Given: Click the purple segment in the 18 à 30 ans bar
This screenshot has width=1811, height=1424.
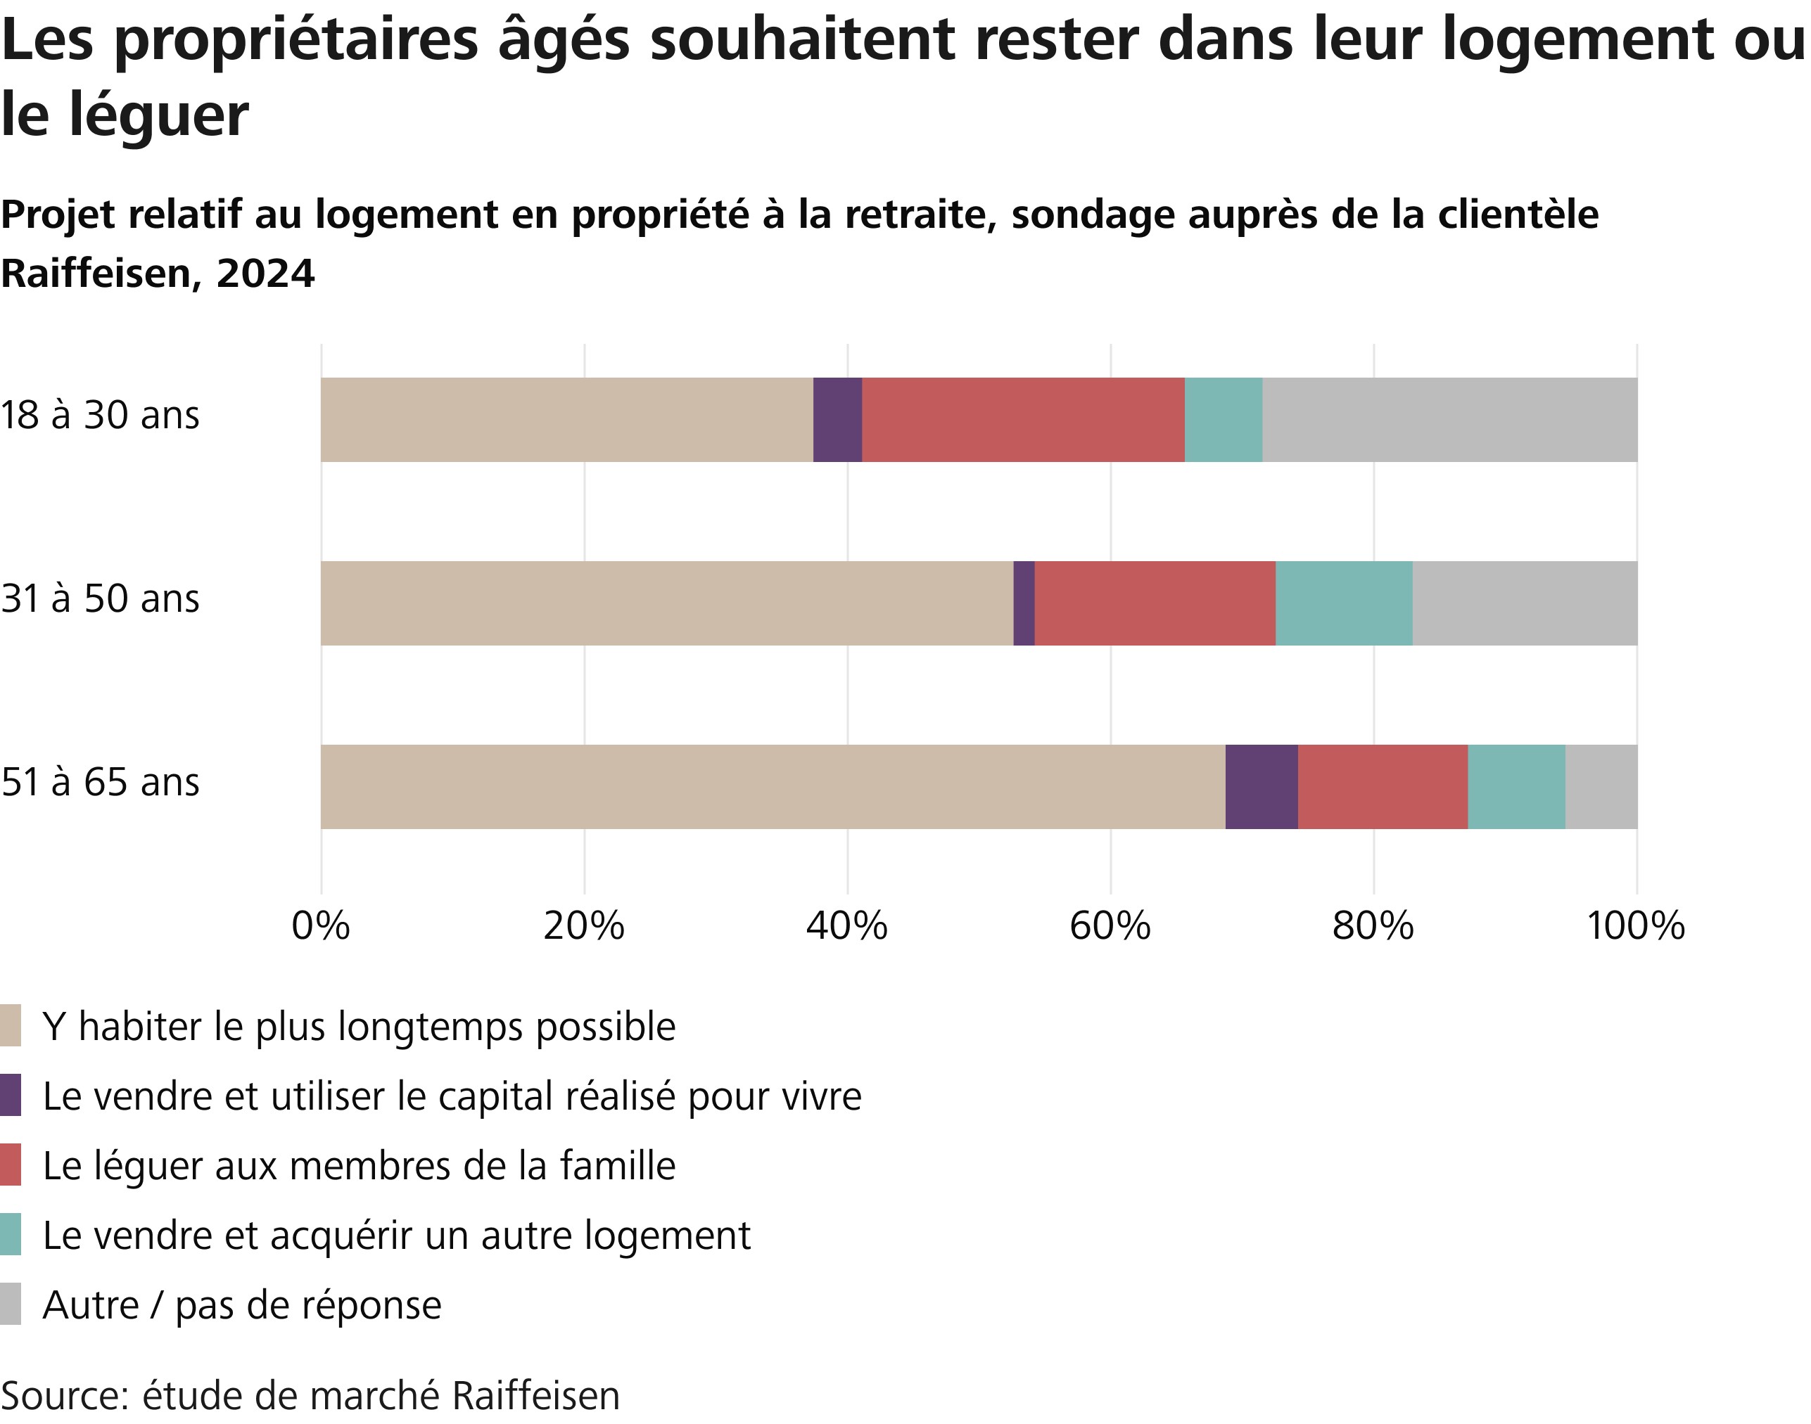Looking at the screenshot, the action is [837, 419].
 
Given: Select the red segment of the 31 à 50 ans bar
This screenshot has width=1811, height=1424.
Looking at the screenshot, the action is [1155, 603].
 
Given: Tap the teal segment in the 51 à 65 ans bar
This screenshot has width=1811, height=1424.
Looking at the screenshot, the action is [1516, 786].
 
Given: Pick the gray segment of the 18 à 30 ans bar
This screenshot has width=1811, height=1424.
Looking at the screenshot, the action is [1450, 419].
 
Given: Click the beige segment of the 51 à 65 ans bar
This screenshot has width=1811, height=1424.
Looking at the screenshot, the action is [773, 786].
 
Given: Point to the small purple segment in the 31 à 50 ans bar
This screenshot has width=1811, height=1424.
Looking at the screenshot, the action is [1024, 603].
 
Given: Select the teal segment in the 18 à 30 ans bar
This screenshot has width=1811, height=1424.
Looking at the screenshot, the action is [1224, 419].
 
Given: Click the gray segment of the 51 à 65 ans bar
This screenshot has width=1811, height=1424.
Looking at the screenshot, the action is [1601, 786].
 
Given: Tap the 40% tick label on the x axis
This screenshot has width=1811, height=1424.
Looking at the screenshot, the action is [846, 926].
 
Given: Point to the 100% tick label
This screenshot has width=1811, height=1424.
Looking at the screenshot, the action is [1635, 926].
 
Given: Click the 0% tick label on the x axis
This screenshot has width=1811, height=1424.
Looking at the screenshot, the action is [321, 926].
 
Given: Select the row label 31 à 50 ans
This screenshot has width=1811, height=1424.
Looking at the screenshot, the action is [100, 598].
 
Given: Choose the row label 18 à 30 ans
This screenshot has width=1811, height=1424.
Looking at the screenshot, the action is [100, 415].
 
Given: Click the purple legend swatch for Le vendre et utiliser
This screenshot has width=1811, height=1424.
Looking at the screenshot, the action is [10, 1096].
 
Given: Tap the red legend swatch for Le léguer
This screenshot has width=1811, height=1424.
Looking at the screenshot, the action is [10, 1165].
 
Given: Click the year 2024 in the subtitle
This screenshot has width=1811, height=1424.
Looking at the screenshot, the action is [265, 274].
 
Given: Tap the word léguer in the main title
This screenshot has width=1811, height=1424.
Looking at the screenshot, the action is [158, 116].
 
